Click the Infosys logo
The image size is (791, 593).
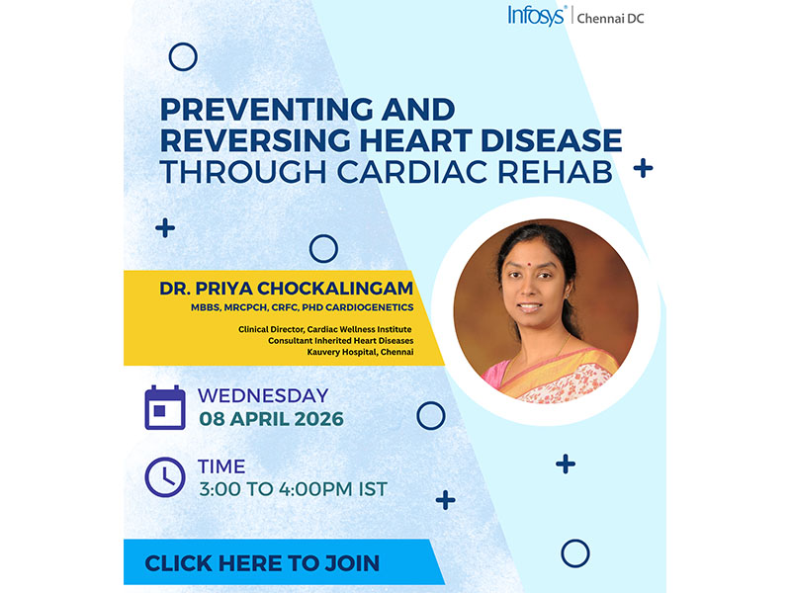[537, 16]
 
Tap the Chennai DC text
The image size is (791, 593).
[610, 19]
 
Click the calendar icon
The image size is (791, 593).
[165, 407]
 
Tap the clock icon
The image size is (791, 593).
[165, 477]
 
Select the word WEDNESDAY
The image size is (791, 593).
[263, 396]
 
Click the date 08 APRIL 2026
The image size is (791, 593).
[271, 419]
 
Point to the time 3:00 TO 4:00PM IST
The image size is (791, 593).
[293, 489]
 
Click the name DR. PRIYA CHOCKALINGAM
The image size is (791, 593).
[286, 288]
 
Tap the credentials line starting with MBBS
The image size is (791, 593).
[303, 307]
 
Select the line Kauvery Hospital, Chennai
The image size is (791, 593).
[360, 352]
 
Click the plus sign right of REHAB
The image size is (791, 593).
[644, 168]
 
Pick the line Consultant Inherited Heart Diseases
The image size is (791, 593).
[340, 341]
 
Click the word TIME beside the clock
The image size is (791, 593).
[221, 466]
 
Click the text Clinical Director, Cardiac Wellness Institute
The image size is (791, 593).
[325, 329]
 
